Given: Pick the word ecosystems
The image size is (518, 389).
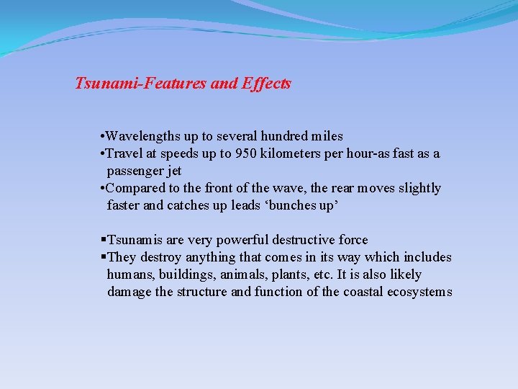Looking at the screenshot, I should (419, 292).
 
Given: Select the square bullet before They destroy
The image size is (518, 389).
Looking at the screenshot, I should (104, 257).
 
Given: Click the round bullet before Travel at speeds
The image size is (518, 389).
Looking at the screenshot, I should (104, 153).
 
